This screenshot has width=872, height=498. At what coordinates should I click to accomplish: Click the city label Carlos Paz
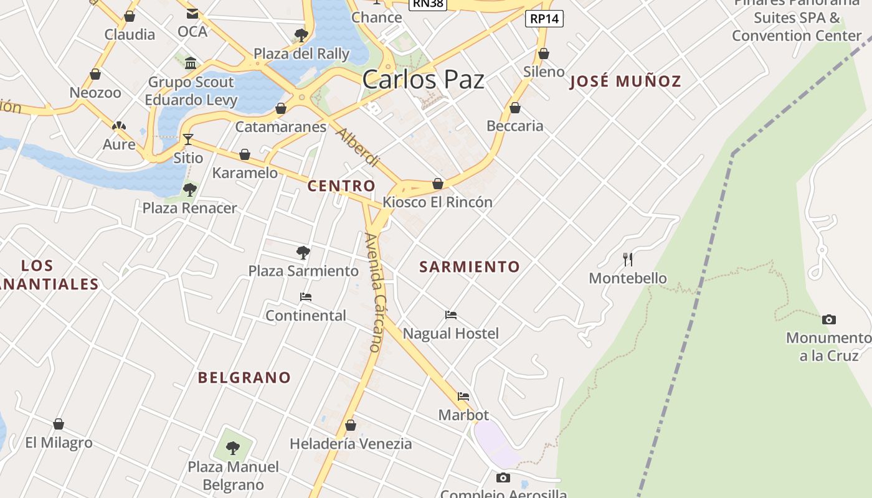(423, 80)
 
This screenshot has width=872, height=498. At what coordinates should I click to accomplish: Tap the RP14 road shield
(544, 19)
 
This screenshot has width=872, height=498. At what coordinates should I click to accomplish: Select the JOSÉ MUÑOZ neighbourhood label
(625, 81)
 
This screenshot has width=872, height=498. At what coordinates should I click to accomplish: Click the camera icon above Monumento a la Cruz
(828, 320)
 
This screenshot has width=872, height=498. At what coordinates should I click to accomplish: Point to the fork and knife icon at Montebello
(628, 259)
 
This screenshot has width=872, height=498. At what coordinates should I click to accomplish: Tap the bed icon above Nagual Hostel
(451, 315)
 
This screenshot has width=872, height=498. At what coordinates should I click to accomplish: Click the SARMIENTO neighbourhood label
(469, 267)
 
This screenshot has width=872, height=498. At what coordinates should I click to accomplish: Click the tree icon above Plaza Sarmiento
(303, 253)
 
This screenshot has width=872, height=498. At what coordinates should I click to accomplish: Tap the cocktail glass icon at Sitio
(188, 139)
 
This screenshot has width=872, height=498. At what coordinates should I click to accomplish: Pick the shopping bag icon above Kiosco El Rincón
(438, 184)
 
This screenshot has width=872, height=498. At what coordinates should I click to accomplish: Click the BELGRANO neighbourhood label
(244, 377)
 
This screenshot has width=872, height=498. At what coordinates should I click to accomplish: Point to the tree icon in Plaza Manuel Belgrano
(233, 448)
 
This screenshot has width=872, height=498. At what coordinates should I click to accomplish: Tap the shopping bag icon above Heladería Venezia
(351, 425)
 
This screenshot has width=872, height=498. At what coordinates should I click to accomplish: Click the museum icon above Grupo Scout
(191, 63)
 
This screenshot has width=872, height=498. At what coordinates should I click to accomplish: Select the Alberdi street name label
(358, 148)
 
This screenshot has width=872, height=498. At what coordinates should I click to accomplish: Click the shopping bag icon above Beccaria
(515, 108)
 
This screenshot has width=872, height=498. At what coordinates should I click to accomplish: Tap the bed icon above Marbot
(463, 397)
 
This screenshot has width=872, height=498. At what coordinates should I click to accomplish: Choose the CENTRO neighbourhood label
(341, 186)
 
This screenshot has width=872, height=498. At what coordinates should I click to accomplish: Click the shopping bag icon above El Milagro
(59, 424)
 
